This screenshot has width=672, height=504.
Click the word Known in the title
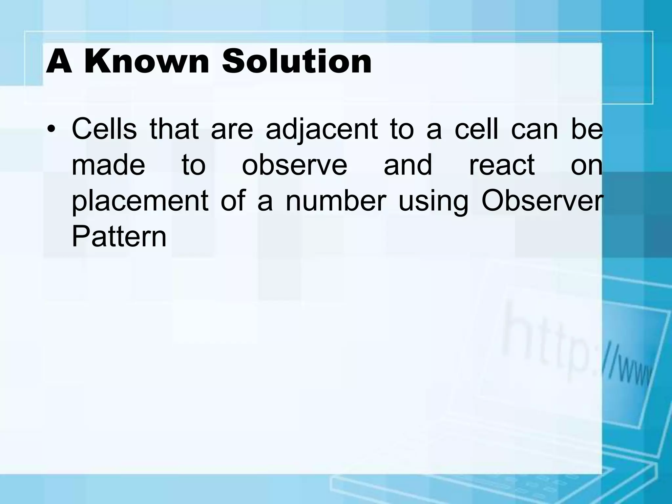point(146,61)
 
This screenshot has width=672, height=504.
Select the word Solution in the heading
point(297,61)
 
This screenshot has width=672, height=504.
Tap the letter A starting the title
point(59,61)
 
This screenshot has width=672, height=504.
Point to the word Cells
point(104,129)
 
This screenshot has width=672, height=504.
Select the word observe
point(294,165)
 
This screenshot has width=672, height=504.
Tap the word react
point(502,165)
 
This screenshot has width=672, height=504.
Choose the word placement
point(140,202)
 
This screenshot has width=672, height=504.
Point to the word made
point(108,165)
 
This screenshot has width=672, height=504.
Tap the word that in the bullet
point(174,129)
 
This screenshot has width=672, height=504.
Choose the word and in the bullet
point(408,165)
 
